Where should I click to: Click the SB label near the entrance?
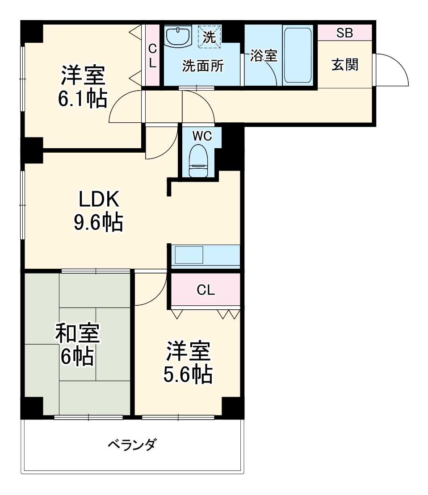(x=344, y=33)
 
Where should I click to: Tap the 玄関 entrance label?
(x=344, y=65)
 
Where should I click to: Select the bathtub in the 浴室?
(x=298, y=56)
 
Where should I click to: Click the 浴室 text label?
(x=264, y=56)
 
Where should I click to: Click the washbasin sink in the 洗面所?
(x=178, y=36)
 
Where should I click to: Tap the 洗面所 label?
(x=202, y=66)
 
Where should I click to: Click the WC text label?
(x=201, y=136)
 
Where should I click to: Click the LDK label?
(x=99, y=200)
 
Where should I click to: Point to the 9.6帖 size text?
(x=98, y=222)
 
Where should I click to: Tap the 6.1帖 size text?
(x=83, y=99)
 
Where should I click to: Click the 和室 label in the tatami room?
(x=77, y=333)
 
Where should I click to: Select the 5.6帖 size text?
(x=187, y=375)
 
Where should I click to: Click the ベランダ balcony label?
(x=132, y=445)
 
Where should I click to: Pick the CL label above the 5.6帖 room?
(x=206, y=291)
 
